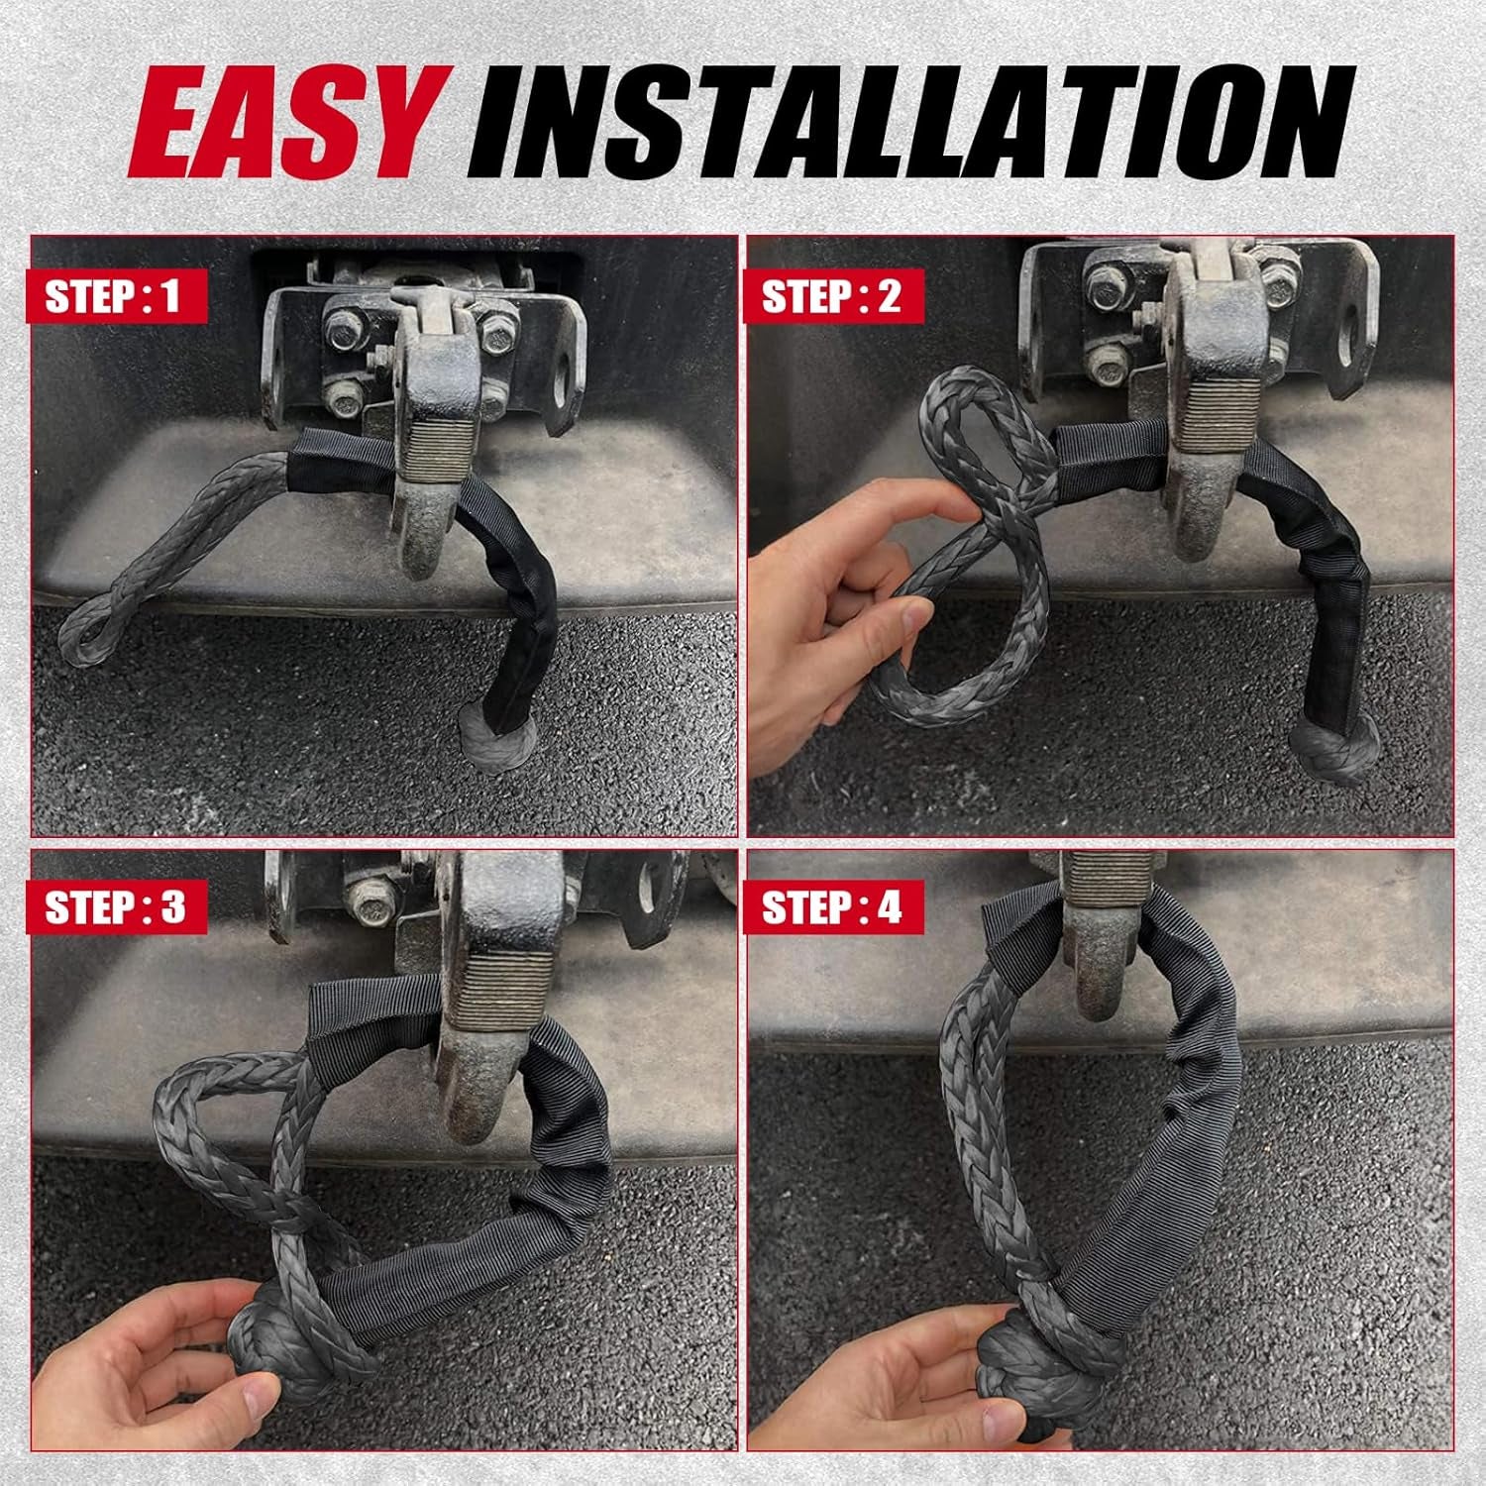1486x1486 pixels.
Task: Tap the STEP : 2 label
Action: click(832, 296)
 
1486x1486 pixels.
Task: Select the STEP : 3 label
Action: click(117, 908)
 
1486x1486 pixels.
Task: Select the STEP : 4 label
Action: click(832, 908)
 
